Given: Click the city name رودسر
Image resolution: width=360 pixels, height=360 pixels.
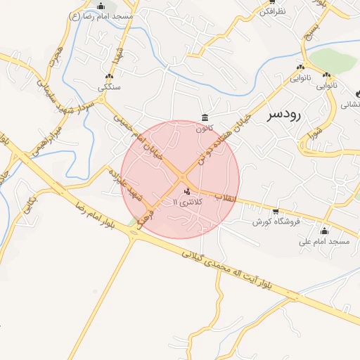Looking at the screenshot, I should click(x=284, y=115).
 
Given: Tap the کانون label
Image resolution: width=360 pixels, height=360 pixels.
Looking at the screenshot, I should click(x=204, y=128).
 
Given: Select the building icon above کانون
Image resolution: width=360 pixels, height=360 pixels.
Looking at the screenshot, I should click(x=205, y=117).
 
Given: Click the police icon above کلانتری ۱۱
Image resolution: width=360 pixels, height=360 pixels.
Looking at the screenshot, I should click(x=186, y=192).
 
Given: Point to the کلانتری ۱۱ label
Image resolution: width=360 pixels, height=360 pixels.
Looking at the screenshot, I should click(x=186, y=202).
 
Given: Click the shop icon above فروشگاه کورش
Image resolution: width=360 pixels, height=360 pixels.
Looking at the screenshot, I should click(x=275, y=211).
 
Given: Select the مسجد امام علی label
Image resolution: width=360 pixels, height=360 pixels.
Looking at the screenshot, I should click(x=324, y=241).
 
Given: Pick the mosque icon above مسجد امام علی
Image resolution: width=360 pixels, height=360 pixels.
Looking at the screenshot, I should click(x=324, y=231).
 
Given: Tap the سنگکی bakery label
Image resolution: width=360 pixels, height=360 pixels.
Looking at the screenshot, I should click(x=110, y=87).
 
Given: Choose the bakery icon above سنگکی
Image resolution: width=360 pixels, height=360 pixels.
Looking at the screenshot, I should click(x=109, y=77).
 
